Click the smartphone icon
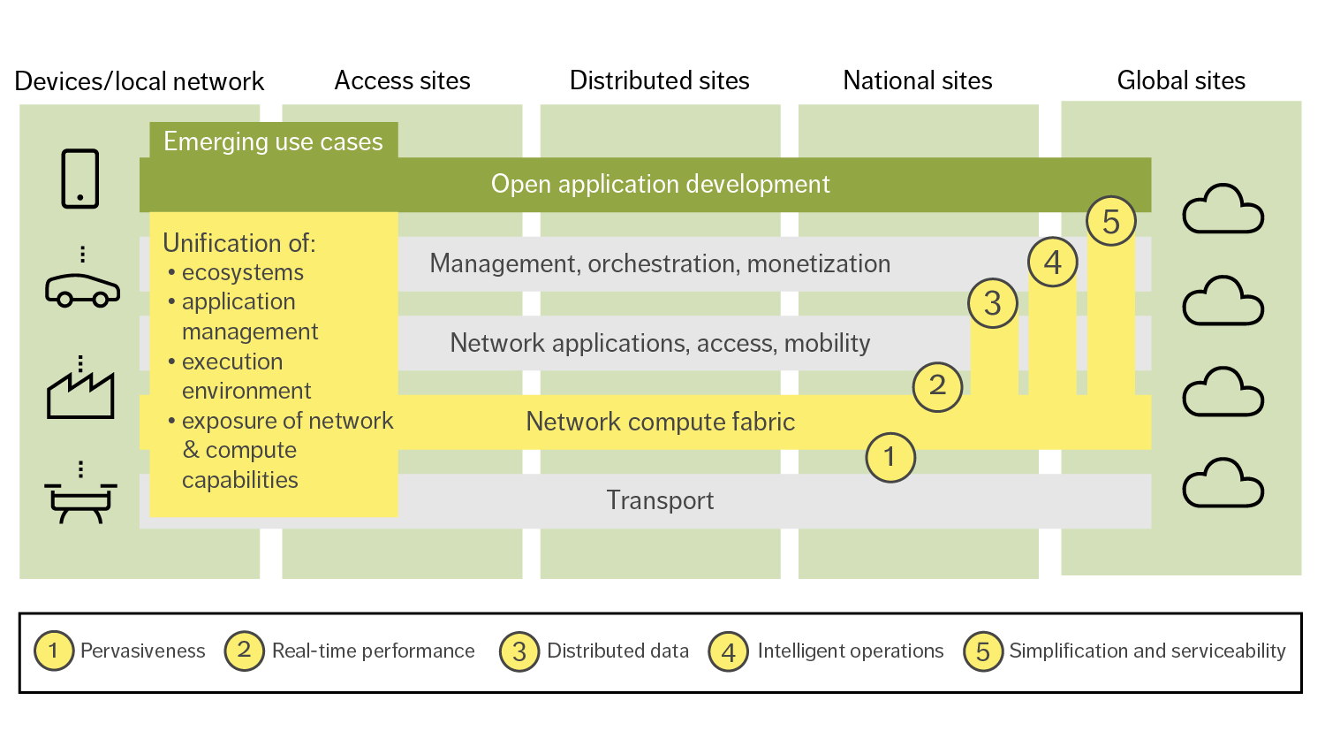(x=80, y=179)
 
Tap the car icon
(x=82, y=290)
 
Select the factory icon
(x=80, y=394)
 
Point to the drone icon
(x=80, y=500)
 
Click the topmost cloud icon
(x=1223, y=209)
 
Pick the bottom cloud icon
(x=1223, y=483)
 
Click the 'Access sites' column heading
(x=402, y=81)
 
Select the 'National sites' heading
(x=917, y=81)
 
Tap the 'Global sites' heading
(x=1181, y=81)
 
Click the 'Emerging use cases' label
(x=273, y=141)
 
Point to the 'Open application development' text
(x=660, y=184)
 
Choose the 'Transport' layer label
(x=660, y=500)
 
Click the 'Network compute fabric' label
(x=660, y=422)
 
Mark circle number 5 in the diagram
(x=1110, y=221)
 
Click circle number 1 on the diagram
(x=890, y=457)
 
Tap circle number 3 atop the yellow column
(x=993, y=303)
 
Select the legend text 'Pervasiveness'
(x=142, y=651)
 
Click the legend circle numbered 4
(x=728, y=652)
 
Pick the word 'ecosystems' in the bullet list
(x=242, y=272)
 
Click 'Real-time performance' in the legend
(x=373, y=651)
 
